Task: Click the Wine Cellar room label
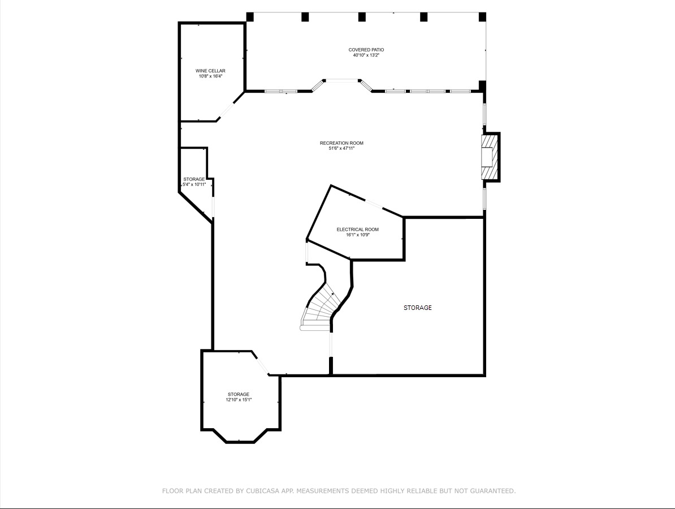click(210, 71)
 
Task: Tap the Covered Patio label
click(366, 50)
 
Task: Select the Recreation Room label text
click(341, 143)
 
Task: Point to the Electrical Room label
click(357, 230)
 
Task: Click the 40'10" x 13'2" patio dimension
click(366, 55)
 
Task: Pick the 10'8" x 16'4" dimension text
click(210, 76)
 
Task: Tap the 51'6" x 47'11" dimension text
click(341, 149)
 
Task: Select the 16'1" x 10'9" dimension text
click(357, 235)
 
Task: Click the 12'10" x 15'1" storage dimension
click(239, 400)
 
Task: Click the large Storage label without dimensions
click(417, 308)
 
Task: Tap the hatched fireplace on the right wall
click(490, 157)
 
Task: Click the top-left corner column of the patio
click(249, 17)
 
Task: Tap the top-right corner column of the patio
click(482, 17)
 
